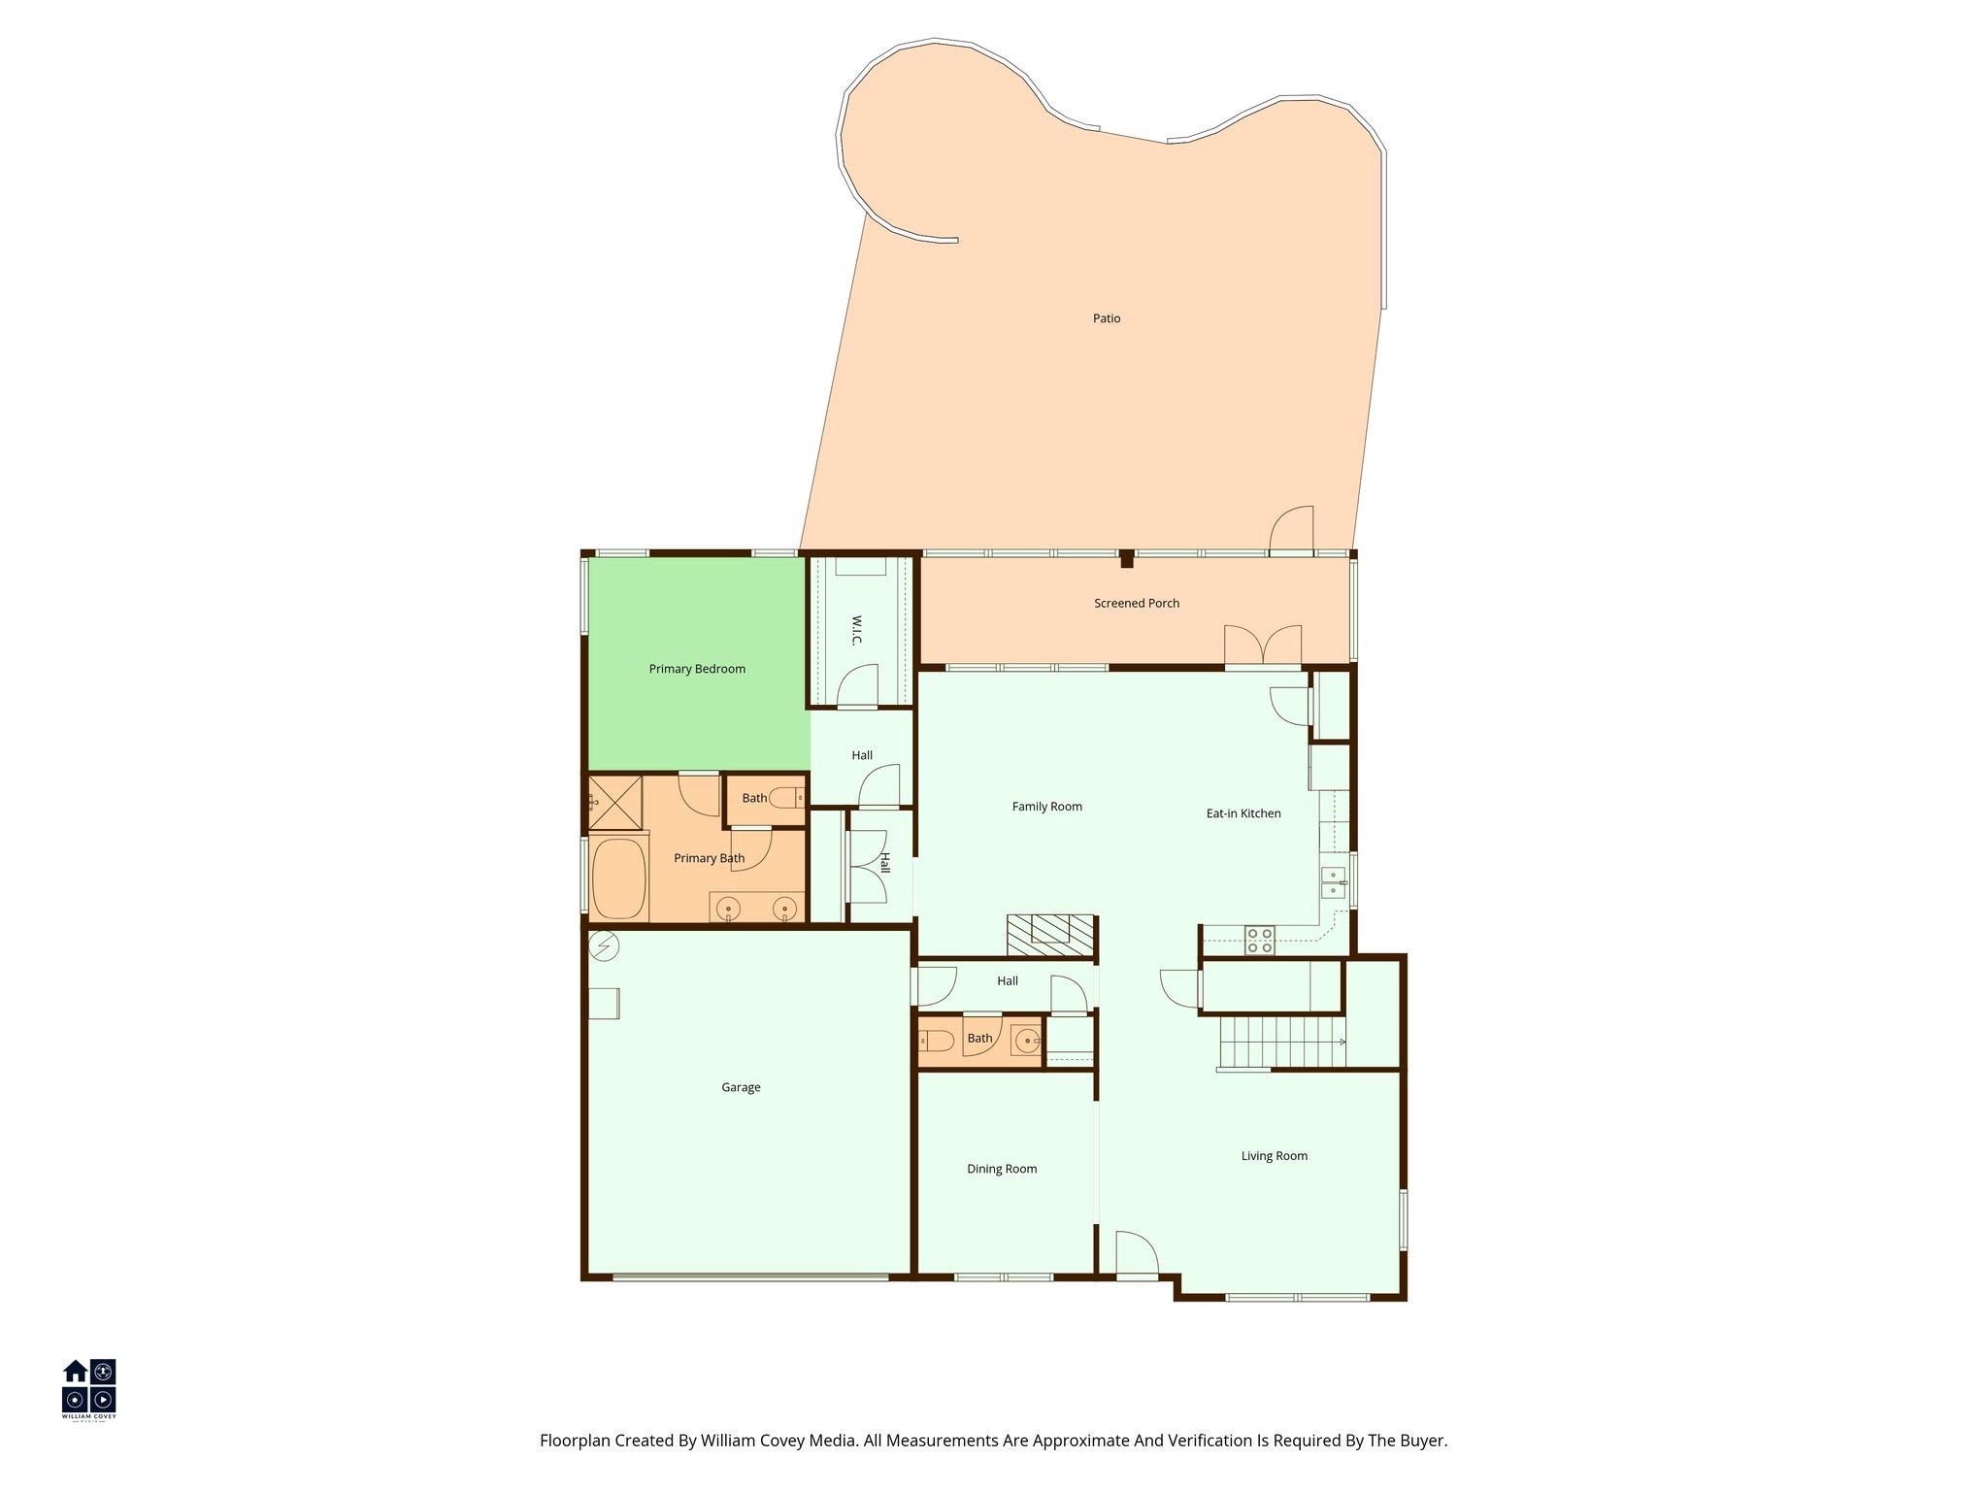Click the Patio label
tap(1107, 318)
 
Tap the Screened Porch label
tap(1137, 603)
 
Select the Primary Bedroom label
tap(697, 669)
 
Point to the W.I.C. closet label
tap(857, 629)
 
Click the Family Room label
tap(1046, 807)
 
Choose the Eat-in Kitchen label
tap(1243, 813)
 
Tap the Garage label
tap(741, 1087)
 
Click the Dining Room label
tap(1002, 1169)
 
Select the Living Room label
tap(1274, 1156)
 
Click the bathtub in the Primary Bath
tap(618, 878)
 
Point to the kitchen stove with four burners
tap(1260, 941)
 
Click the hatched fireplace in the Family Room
tap(1050, 935)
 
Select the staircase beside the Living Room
tap(1281, 1042)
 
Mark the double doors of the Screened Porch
tap(1262, 646)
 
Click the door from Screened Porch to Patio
tap(1292, 530)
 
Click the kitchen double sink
tap(1333, 882)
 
